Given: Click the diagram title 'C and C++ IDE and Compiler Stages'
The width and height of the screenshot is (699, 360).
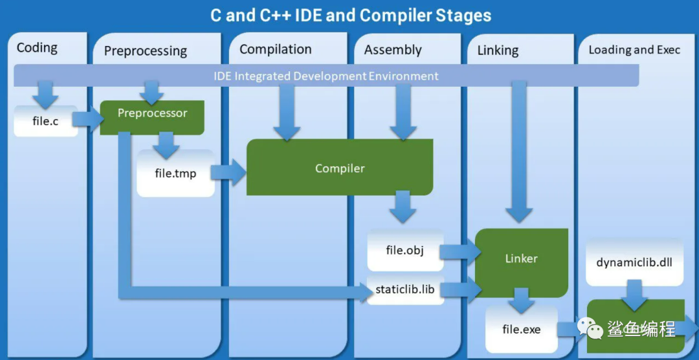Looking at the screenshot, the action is click(x=351, y=16).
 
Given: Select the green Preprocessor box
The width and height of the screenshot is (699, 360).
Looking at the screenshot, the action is click(x=152, y=117).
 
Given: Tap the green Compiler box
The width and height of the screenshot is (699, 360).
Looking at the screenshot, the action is click(x=340, y=167).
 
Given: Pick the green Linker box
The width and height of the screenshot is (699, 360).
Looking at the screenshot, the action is click(x=522, y=263).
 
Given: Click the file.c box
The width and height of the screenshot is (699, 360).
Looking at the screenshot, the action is click(x=45, y=121).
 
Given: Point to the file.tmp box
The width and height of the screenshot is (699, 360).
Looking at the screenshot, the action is click(x=175, y=173).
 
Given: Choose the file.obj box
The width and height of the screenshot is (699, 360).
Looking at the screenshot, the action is click(x=405, y=251).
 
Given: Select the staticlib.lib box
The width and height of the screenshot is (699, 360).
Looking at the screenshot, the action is click(x=405, y=289).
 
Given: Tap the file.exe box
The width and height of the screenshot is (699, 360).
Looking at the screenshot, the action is click(x=522, y=329).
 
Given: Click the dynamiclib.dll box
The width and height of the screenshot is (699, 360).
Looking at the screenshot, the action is click(x=634, y=262).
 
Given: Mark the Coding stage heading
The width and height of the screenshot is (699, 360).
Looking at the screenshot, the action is click(x=37, y=48).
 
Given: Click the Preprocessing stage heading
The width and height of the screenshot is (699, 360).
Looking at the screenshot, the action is click(x=146, y=51).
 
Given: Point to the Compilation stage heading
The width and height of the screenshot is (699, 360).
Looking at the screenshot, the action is click(x=276, y=49).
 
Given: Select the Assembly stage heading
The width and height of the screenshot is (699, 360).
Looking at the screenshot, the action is click(x=393, y=50).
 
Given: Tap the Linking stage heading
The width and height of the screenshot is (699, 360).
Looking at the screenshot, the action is click(x=498, y=51).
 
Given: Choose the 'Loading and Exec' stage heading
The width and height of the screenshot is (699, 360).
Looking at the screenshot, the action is click(x=634, y=49).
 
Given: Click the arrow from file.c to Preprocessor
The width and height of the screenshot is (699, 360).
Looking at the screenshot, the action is click(x=88, y=119).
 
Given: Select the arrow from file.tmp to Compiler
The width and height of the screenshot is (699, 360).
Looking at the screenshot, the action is click(x=228, y=173).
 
